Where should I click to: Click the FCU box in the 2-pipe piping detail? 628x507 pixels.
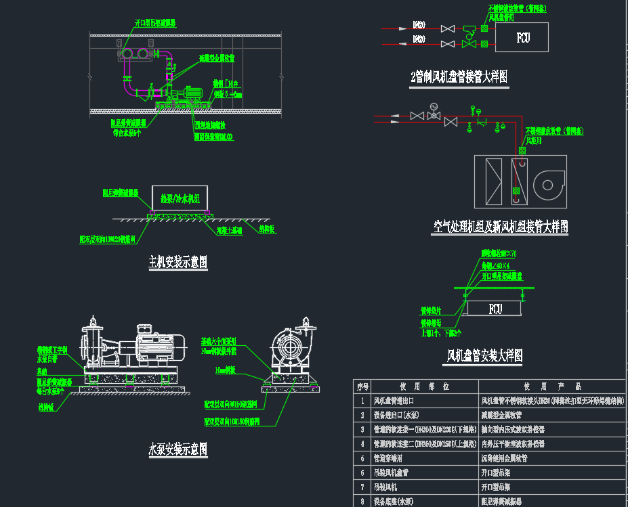click(x=522, y=37)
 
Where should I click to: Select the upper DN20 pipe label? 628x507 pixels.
click(x=419, y=26)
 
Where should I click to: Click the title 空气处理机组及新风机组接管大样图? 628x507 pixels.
click(x=500, y=227)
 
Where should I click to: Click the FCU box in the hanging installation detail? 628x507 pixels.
click(x=495, y=309)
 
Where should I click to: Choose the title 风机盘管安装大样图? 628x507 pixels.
click(x=484, y=355)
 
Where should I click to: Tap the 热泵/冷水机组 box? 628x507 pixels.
click(x=180, y=199)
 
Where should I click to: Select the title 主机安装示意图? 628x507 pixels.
click(x=177, y=262)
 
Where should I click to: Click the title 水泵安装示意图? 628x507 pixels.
click(x=177, y=449)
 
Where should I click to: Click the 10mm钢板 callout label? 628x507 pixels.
click(x=226, y=371)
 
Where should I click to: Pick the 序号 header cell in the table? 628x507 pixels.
click(x=362, y=387)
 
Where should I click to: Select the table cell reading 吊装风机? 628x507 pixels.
click(x=388, y=487)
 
